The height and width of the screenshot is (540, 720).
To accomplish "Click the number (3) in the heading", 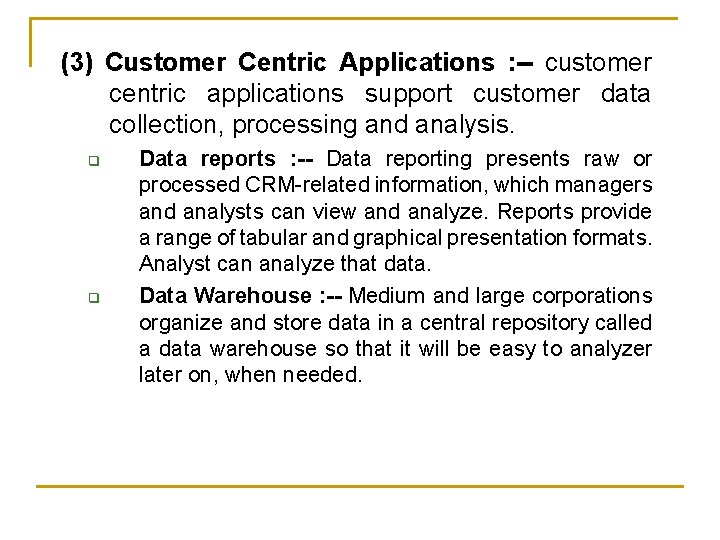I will pyautogui.click(x=77, y=63).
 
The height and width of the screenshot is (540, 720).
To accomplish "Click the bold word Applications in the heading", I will pyautogui.click(x=416, y=63).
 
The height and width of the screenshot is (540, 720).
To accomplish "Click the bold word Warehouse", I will pyautogui.click(x=253, y=296).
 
